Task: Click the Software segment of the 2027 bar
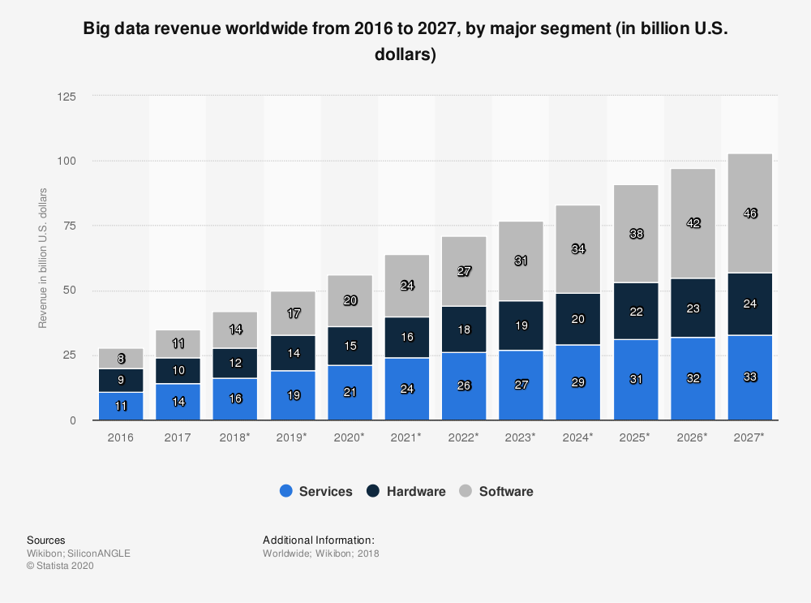click(x=749, y=213)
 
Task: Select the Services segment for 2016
click(x=120, y=406)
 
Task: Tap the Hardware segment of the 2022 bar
click(x=464, y=329)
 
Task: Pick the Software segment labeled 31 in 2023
click(x=521, y=261)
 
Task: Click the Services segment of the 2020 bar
click(x=350, y=393)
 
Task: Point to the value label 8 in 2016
click(x=120, y=358)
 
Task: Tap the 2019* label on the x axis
click(x=292, y=437)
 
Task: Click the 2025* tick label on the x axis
click(x=635, y=437)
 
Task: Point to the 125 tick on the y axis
click(x=67, y=97)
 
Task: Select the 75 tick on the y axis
click(x=70, y=226)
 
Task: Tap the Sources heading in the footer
click(x=46, y=540)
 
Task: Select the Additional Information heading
click(x=318, y=540)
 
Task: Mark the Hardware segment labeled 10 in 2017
click(x=178, y=370)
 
